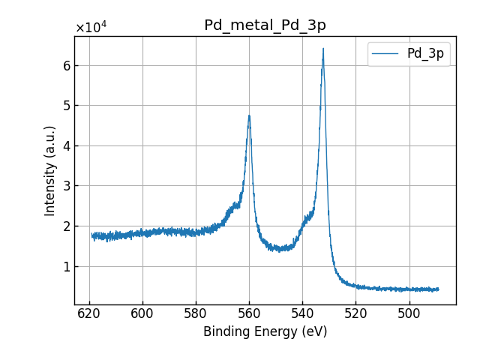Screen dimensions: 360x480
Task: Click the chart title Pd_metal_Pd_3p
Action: tap(265, 25)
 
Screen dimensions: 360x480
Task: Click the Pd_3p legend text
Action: tap(425, 53)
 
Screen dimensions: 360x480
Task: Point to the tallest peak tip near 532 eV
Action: tap(323, 49)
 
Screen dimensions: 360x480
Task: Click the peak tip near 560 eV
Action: tap(249, 115)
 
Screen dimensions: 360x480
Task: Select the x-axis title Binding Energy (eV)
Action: tap(265, 331)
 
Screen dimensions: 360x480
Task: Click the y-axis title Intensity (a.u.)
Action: tap(50, 171)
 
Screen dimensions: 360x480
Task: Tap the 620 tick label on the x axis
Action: tap(89, 313)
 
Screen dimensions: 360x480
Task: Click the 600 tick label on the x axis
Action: tap(142, 313)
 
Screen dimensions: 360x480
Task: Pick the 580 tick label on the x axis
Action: tap(196, 313)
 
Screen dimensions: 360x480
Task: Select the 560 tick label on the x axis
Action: tap(249, 313)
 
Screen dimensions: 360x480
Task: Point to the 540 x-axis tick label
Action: tap(302, 313)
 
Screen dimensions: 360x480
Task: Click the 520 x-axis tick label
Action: tap(355, 313)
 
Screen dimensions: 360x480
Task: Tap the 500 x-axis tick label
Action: tap(409, 313)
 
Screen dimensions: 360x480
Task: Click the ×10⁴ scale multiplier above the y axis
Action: tap(91, 28)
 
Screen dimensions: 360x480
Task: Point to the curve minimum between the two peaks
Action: tap(280, 250)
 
